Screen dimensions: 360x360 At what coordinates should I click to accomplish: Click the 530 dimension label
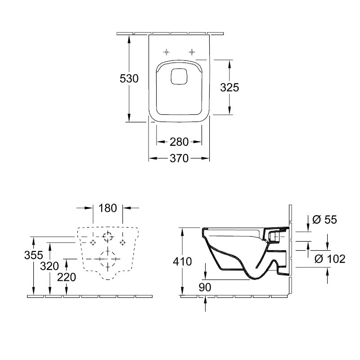click(x=129, y=78)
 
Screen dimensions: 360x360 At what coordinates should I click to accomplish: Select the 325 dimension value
click(x=229, y=87)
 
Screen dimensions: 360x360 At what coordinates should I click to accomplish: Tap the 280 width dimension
click(x=179, y=142)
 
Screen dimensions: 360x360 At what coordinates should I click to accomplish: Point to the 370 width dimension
click(x=179, y=158)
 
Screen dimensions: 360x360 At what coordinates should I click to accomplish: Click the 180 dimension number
click(x=108, y=208)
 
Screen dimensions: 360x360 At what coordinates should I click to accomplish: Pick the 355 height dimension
click(x=34, y=255)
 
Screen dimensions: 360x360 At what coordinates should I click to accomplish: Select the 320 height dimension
click(x=49, y=266)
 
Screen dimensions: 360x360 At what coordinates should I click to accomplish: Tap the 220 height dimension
click(x=67, y=277)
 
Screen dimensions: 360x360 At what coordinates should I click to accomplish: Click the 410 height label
click(x=182, y=261)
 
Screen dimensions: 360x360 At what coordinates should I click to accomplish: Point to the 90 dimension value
click(x=205, y=287)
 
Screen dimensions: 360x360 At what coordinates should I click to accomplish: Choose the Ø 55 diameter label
click(x=324, y=220)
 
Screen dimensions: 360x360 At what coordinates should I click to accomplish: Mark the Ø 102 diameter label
click(x=330, y=259)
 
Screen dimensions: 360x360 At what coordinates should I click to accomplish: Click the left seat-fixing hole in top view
click(x=166, y=52)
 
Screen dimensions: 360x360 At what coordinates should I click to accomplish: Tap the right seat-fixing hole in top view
click(x=192, y=52)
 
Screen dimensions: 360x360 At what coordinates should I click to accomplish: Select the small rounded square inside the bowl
click(x=179, y=76)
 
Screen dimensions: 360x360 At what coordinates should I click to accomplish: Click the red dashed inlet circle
click(x=108, y=237)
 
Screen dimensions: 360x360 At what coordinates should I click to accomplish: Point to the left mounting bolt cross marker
click(x=93, y=243)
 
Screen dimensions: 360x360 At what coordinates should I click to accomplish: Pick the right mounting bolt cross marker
click(x=122, y=243)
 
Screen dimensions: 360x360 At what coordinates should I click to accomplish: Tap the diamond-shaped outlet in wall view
click(x=108, y=259)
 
